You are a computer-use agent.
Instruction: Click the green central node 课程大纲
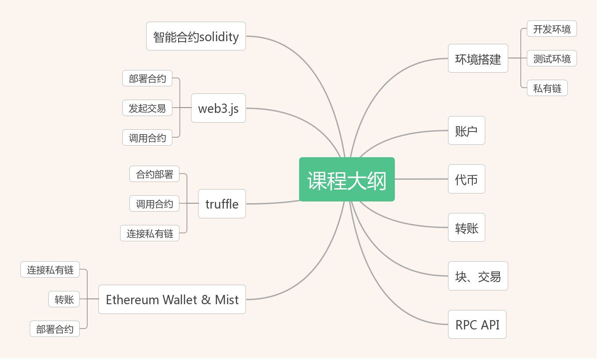[347, 179]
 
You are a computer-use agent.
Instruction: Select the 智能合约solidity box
[196, 36]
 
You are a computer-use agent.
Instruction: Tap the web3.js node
[218, 108]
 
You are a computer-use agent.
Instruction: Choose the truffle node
[222, 204]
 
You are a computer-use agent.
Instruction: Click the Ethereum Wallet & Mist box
[172, 299]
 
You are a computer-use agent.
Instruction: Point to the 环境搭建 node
[478, 58]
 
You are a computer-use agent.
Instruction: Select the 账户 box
[466, 130]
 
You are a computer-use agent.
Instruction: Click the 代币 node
[466, 179]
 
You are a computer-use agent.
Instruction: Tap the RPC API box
[477, 325]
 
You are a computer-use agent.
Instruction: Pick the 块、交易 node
[478, 276]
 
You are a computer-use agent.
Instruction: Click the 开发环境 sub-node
[552, 29]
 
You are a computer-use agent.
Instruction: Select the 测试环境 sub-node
[552, 58]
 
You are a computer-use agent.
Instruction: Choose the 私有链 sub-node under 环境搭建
[547, 88]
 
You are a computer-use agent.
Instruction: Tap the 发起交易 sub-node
[147, 108]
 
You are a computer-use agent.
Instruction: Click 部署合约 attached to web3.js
[147, 78]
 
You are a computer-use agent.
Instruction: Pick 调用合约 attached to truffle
[154, 203]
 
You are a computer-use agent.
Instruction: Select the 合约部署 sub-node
[154, 174]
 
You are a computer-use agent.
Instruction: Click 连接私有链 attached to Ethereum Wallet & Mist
[50, 270]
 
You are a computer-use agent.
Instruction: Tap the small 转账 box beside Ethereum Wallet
[64, 299]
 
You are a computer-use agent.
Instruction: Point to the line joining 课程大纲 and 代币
[421, 179]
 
